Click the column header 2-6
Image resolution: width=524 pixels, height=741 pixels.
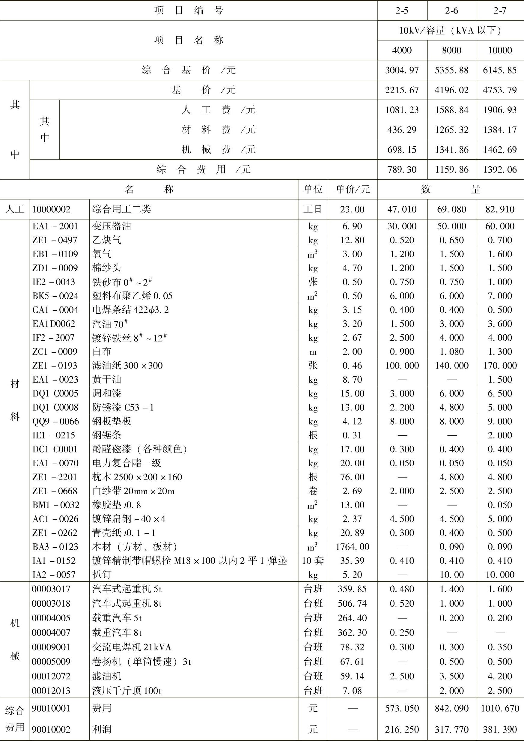pyautogui.click(x=451, y=11)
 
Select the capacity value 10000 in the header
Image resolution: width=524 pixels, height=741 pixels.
pyautogui.click(x=500, y=50)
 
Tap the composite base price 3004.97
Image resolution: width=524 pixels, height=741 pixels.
pyautogui.click(x=402, y=70)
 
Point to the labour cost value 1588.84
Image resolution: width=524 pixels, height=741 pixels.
pyautogui.click(x=451, y=110)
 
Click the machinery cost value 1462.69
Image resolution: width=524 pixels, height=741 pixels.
pyautogui.click(x=500, y=150)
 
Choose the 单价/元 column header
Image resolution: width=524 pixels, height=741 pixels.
pyautogui.click(x=352, y=189)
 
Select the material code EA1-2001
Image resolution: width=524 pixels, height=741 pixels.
pyautogui.click(x=55, y=226)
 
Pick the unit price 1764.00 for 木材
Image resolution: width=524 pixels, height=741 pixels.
pyautogui.click(x=352, y=547)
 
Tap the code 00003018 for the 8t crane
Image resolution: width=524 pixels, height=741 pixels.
pyautogui.click(x=51, y=604)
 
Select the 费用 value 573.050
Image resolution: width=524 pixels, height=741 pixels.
pyautogui.click(x=402, y=708)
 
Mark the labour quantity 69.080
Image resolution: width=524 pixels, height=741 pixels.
pyautogui.click(x=451, y=209)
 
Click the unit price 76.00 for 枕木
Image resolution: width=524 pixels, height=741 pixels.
pyautogui.click(x=352, y=477)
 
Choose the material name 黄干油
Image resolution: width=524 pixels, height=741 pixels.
pyautogui.click(x=107, y=380)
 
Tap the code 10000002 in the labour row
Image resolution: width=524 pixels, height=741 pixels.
pyautogui.click(x=51, y=209)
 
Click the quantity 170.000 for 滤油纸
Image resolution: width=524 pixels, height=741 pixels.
pyautogui.click(x=500, y=366)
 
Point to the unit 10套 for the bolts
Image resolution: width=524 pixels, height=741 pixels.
pyautogui.click(x=313, y=560)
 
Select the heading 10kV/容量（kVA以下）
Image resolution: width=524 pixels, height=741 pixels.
pyautogui.click(x=451, y=31)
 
